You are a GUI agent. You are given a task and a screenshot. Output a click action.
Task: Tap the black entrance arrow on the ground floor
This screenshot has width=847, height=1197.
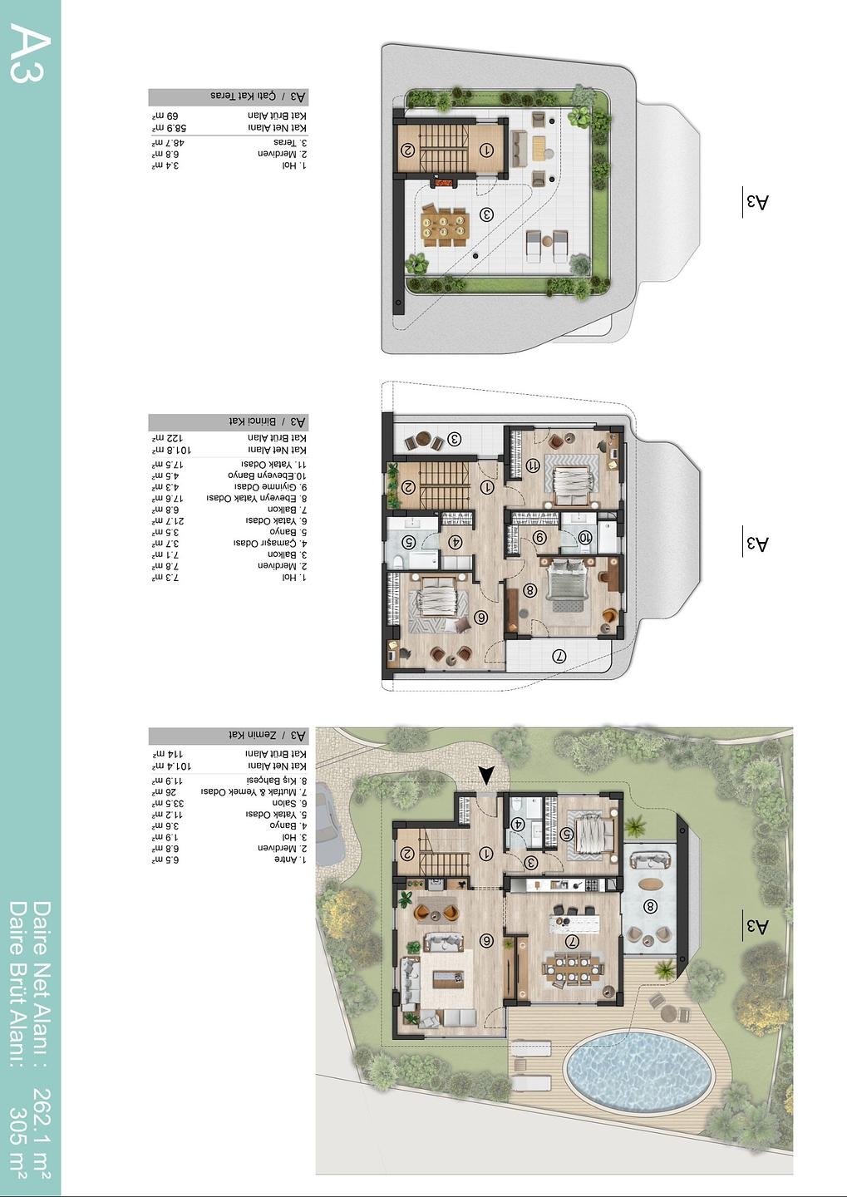click(486, 775)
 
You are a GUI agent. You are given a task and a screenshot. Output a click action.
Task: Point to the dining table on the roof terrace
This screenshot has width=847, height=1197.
click(445, 225)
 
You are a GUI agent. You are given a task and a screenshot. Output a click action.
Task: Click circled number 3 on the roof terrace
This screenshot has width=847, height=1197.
click(487, 214)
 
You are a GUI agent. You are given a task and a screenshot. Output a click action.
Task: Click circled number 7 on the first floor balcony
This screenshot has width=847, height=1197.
click(559, 656)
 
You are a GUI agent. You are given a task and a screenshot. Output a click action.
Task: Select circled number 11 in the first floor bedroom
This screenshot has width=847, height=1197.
click(533, 466)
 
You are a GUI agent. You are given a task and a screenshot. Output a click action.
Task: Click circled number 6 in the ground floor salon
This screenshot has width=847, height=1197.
click(487, 941)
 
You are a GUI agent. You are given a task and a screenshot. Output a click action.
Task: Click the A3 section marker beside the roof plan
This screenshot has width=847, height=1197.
click(757, 202)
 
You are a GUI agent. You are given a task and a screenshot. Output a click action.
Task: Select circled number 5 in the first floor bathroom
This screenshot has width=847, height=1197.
click(408, 542)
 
